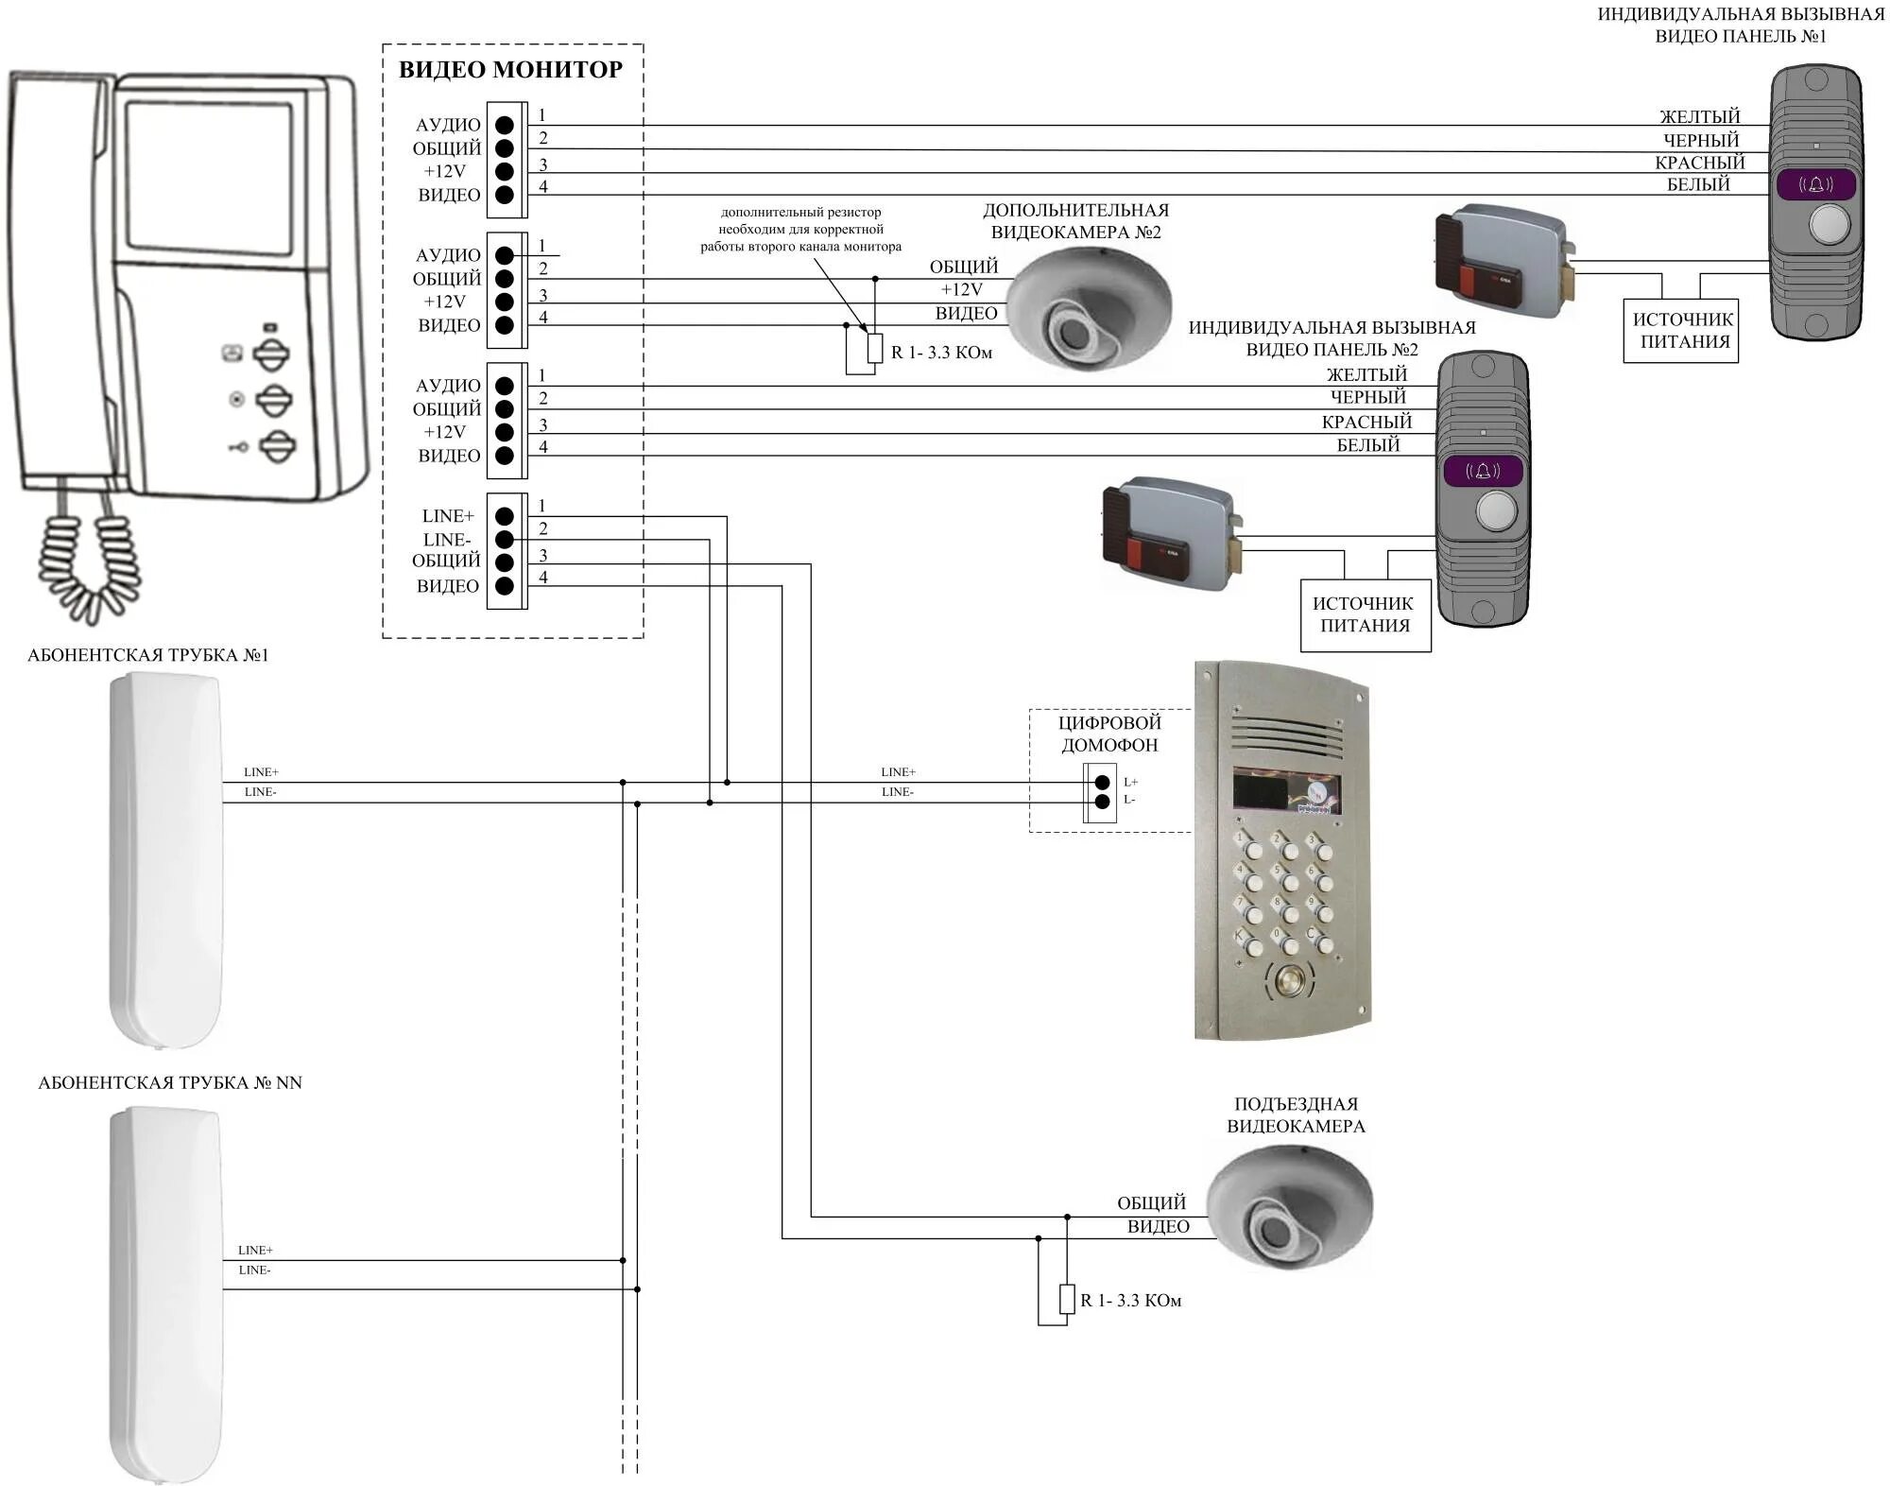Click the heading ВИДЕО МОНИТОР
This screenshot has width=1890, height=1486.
point(510,69)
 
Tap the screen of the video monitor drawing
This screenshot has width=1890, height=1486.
point(209,177)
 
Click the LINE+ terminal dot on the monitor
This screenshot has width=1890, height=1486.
point(505,516)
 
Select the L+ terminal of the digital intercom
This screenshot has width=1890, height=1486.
point(1102,782)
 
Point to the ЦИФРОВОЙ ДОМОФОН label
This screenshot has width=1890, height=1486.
point(1109,734)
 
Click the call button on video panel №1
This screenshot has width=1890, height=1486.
point(1830,225)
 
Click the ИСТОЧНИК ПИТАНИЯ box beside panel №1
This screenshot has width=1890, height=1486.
point(1681,331)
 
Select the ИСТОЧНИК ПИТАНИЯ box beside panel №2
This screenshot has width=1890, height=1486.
point(1366,615)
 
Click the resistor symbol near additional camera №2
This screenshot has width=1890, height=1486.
point(875,348)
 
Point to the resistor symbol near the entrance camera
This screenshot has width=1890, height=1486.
point(1067,1299)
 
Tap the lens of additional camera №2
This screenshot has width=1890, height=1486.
point(1074,333)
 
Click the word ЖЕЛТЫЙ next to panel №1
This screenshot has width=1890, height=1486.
point(1699,116)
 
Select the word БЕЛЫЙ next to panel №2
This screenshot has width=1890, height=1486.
point(1367,444)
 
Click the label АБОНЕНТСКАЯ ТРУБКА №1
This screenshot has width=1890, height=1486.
point(148,655)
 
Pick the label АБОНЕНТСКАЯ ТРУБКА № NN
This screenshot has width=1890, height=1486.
point(170,1082)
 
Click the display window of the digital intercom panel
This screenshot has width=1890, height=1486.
point(1286,792)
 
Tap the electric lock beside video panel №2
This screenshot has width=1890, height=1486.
point(1173,534)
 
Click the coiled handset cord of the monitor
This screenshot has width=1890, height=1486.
point(90,558)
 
